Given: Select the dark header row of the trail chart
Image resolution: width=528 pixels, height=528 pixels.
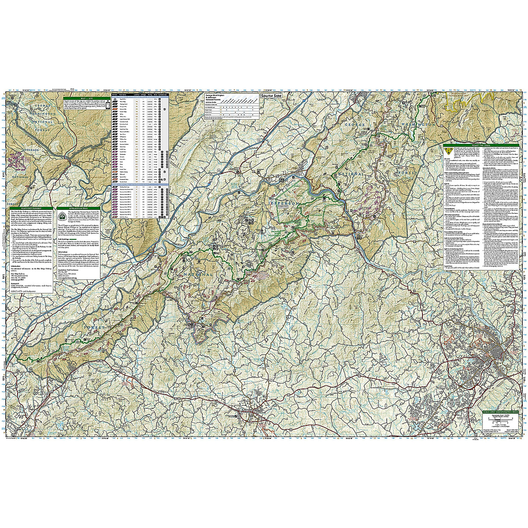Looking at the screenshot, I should coord(137,95).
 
